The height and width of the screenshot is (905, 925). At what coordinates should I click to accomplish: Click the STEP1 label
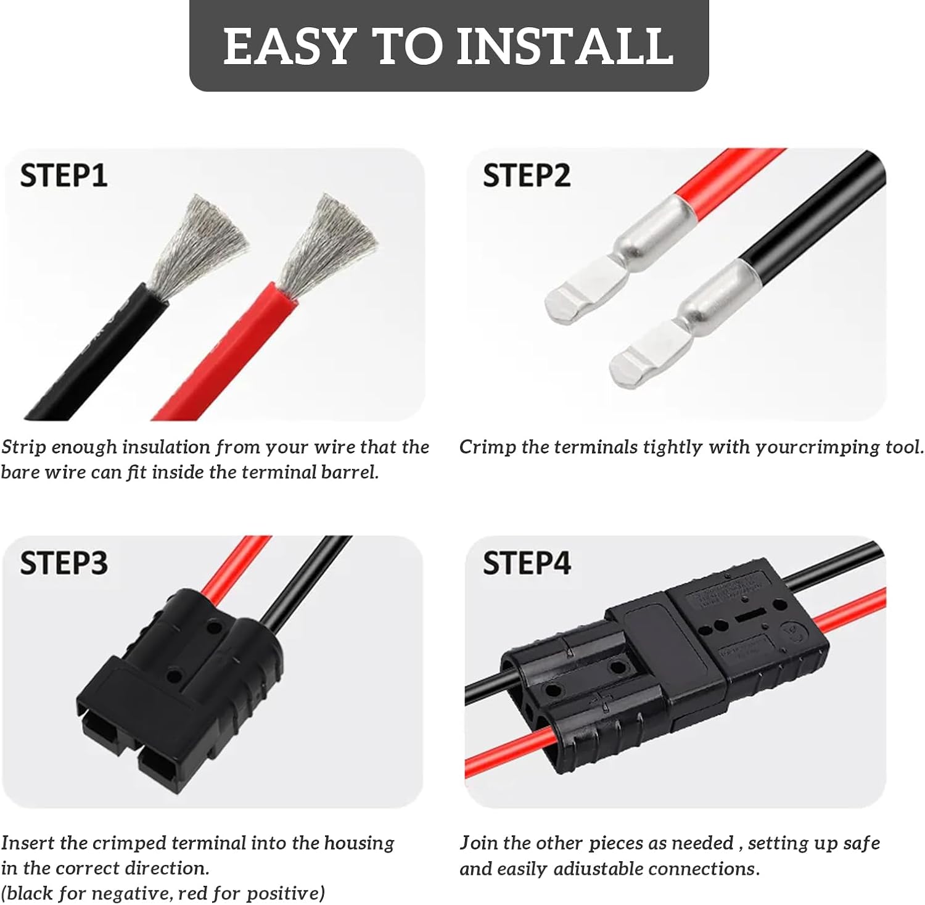[x=64, y=175]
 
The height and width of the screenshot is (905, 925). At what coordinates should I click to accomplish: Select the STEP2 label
[x=526, y=175]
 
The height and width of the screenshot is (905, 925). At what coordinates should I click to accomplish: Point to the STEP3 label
[x=64, y=563]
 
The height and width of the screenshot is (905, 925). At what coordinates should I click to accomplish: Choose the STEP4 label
[x=526, y=563]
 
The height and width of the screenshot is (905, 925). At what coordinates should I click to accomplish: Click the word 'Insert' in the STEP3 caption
[x=28, y=843]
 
